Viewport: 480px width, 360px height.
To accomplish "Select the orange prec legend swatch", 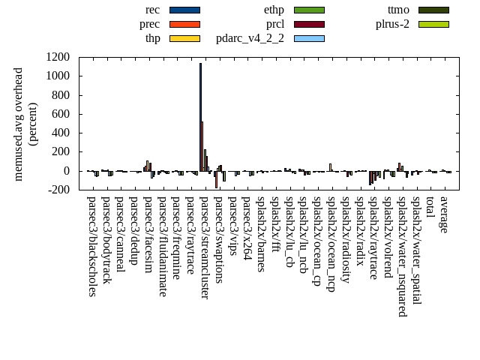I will coord(184,24).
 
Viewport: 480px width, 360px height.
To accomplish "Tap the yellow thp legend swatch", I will coord(184,37).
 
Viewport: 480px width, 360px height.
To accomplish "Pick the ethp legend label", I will coord(274,10).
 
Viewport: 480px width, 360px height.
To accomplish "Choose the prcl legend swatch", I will coord(309,24).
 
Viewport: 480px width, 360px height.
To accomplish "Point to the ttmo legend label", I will coord(398,10).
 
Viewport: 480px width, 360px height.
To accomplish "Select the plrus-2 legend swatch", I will coord(433,24).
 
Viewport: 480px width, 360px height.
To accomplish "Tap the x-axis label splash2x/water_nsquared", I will coord(401,256).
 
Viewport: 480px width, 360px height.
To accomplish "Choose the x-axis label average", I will coord(444,214).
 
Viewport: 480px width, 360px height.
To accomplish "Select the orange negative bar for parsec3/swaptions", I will coord(216,179).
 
